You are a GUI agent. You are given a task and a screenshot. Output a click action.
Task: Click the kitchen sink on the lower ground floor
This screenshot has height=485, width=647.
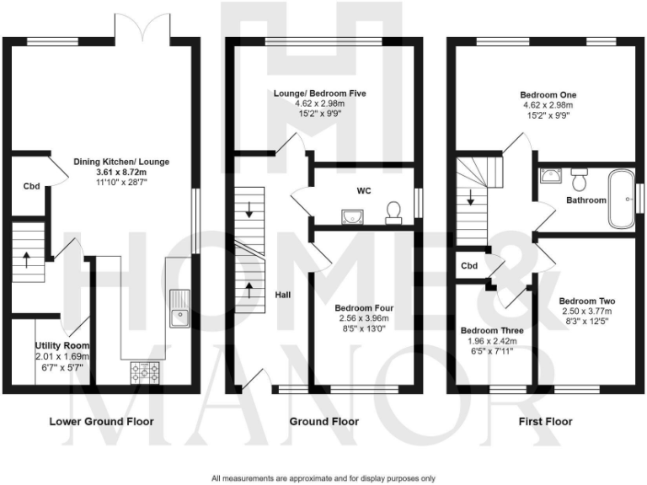click(x=179, y=308)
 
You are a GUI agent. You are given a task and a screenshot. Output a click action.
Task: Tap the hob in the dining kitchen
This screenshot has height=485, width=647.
click(x=144, y=370)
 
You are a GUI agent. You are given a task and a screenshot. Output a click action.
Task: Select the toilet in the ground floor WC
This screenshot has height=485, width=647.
click(x=393, y=212)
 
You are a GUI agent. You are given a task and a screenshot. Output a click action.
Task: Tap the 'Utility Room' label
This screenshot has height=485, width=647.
click(x=61, y=345)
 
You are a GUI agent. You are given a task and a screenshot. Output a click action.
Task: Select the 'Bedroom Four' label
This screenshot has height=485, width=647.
click(x=364, y=307)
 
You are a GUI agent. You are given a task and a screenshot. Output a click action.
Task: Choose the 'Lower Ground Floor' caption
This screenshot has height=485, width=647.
click(x=101, y=421)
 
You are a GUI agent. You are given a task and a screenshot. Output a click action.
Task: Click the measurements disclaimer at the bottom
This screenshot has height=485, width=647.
click(x=323, y=477)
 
